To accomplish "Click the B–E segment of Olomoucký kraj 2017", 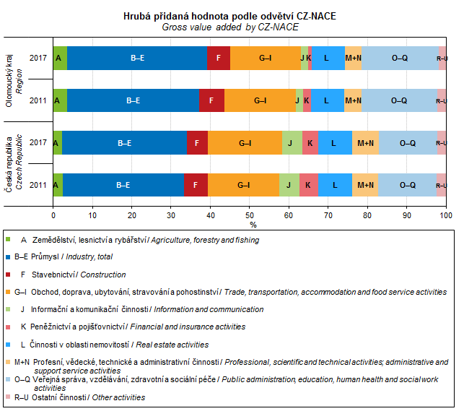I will click(137, 58).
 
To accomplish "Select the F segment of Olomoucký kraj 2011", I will click(211, 100).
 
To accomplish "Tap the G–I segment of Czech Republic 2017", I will click(245, 143).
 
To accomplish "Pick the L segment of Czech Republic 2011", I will click(335, 185).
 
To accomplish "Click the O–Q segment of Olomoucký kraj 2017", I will click(399, 58).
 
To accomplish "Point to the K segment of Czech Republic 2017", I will click(310, 143).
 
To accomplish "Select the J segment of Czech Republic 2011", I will click(289, 185).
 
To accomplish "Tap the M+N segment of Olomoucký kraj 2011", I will click(353, 100).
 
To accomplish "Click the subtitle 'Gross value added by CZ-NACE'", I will click(230, 27).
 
